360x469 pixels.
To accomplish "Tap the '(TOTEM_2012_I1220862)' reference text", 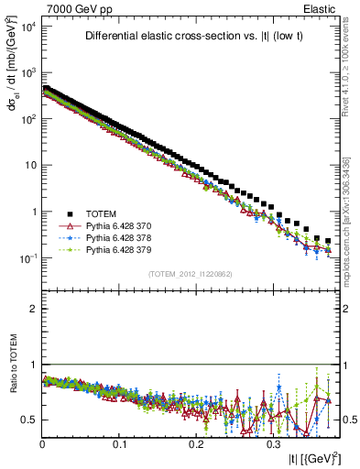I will coord(190,275).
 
